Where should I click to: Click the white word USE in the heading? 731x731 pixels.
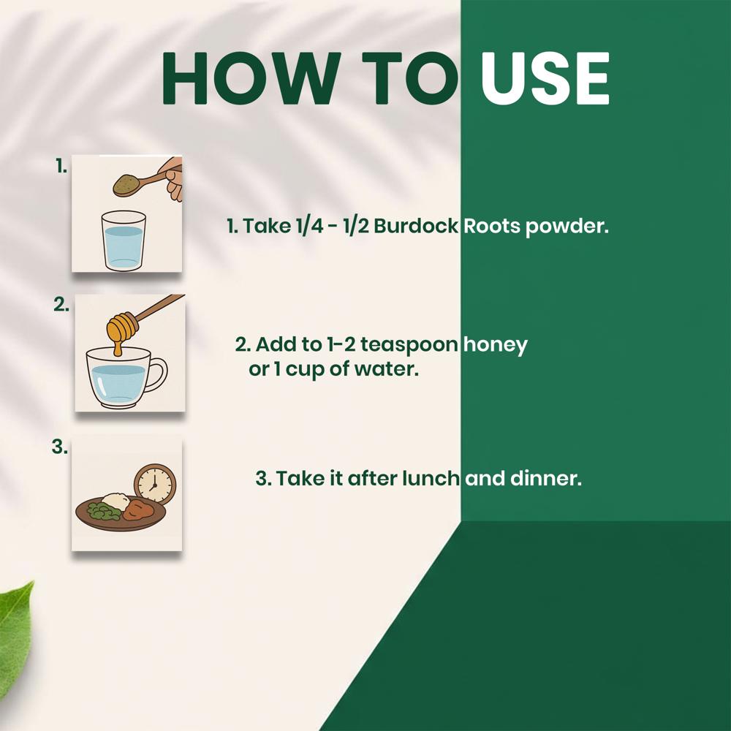[545, 78]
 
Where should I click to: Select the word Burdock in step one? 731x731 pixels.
[416, 226]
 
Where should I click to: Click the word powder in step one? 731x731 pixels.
[567, 227]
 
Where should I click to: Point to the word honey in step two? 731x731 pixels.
[496, 346]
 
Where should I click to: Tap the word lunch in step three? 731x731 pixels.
[431, 478]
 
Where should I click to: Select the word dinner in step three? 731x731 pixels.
[546, 478]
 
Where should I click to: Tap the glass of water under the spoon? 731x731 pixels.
[124, 240]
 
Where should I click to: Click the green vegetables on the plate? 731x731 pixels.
[104, 512]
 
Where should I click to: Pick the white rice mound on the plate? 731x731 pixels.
[115, 501]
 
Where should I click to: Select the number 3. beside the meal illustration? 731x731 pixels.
[59, 447]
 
